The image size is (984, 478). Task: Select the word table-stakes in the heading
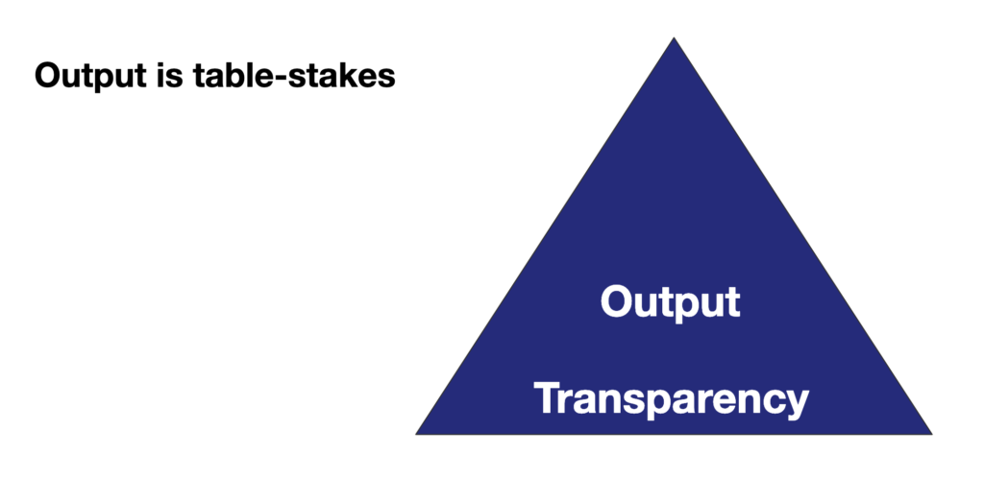(294, 75)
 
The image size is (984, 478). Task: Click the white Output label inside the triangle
(670, 303)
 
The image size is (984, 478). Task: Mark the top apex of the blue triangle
(674, 37)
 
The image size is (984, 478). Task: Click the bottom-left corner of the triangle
(416, 434)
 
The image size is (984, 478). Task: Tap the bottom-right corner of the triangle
(932, 434)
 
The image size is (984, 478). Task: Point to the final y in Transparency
(795, 405)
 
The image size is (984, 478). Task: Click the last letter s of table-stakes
(386, 79)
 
